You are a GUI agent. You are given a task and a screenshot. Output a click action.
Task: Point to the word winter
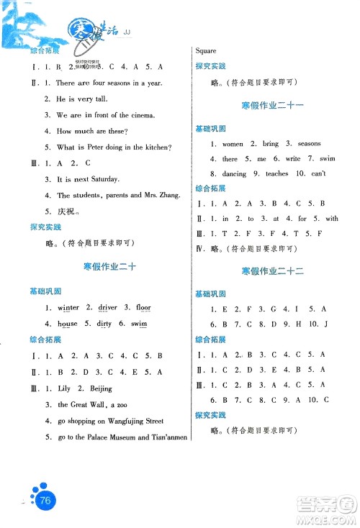click(x=66, y=308)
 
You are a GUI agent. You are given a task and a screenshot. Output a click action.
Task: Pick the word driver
click(x=106, y=308)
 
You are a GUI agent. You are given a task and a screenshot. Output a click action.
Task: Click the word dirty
click(x=103, y=324)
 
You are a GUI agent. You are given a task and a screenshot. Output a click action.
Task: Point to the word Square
click(x=207, y=51)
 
